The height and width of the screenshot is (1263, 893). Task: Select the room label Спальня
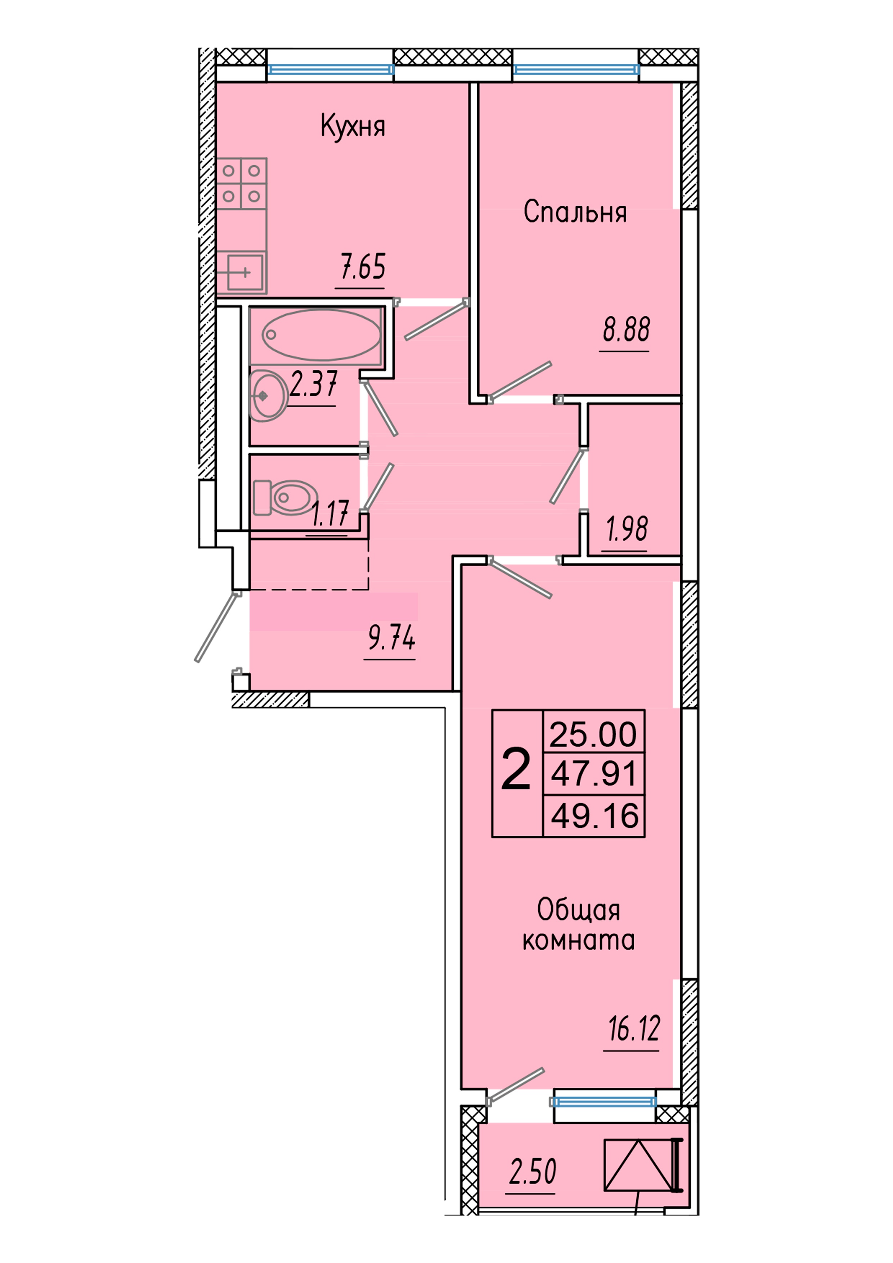pos(575,212)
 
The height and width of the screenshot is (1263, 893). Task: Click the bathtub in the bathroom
pos(321,334)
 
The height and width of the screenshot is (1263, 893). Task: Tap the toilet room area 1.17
pos(329,513)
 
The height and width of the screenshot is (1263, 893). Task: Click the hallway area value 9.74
pos(391,638)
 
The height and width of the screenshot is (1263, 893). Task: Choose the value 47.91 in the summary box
pos(593,773)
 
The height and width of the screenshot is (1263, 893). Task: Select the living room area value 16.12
pos(634,1029)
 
